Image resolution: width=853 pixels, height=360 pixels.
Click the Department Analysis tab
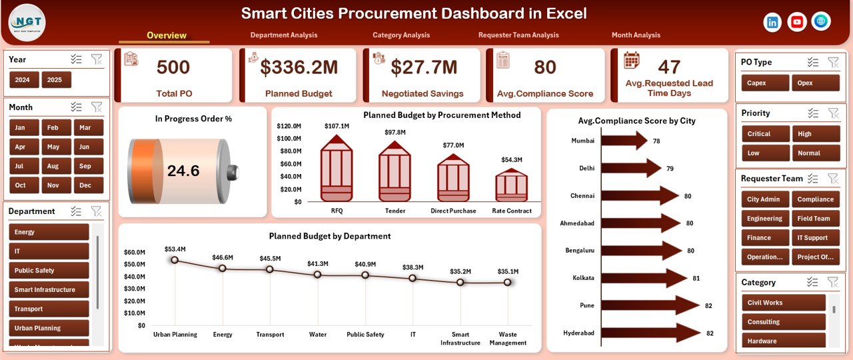pos(284,35)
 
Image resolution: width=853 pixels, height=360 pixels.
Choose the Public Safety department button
pos(49,271)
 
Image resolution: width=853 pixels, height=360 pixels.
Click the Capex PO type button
pos(765,83)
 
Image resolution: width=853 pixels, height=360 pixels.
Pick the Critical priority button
pos(765,134)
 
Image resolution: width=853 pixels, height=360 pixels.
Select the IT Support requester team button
pos(816,237)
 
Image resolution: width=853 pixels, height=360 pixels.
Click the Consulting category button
pos(782,322)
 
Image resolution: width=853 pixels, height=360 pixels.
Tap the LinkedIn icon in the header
pos(772,22)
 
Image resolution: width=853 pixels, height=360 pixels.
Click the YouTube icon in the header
pos(796,22)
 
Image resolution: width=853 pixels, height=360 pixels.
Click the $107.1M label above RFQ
pos(337,126)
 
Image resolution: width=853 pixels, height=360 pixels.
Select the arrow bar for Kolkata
pos(644,278)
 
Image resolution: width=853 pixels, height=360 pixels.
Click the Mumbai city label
pos(582,141)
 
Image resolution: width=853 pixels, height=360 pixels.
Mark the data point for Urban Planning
pos(175,260)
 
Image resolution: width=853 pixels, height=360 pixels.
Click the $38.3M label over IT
pos(413,267)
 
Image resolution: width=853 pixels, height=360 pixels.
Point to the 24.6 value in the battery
pos(183,171)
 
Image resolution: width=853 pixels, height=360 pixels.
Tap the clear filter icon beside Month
pos(97,107)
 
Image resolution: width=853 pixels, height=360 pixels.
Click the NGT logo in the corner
pos(27,22)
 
